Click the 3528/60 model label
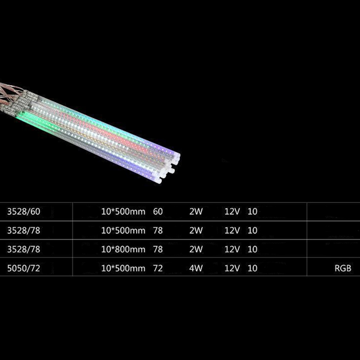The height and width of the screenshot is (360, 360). (x=24, y=212)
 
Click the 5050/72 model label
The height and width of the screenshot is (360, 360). (x=24, y=268)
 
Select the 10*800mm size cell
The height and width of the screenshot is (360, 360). (x=123, y=249)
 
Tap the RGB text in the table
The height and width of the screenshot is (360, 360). (x=343, y=268)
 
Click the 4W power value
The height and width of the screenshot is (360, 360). (x=196, y=268)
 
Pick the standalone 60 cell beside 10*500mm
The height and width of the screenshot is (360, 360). (x=158, y=212)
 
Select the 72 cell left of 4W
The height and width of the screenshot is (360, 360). (x=158, y=268)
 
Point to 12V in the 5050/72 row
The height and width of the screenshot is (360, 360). (x=232, y=268)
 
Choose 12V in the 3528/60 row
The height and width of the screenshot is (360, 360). (x=232, y=212)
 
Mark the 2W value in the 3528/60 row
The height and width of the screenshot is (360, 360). (x=196, y=212)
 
